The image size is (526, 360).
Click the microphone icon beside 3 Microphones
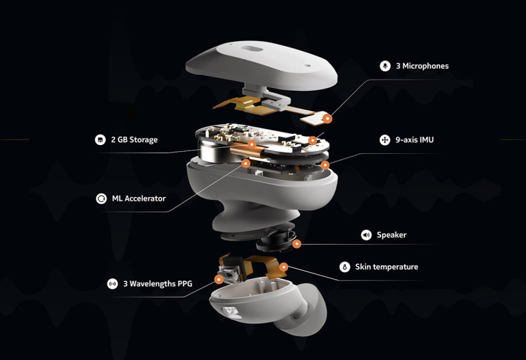pyautogui.click(x=385, y=66)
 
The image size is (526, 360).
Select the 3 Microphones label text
pyautogui.click(x=422, y=66)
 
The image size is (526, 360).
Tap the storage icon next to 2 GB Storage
pyautogui.click(x=100, y=139)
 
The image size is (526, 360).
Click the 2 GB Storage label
pyautogui.click(x=135, y=139)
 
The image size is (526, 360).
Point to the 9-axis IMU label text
pyautogui.click(x=414, y=139)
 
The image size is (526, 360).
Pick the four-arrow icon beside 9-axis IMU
pyautogui.click(x=385, y=139)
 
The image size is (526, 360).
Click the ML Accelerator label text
pyautogui.click(x=139, y=199)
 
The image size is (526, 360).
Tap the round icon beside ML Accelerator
pyautogui.click(x=100, y=199)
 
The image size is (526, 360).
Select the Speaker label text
pyautogui.click(x=391, y=235)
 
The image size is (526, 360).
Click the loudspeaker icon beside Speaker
pyautogui.click(x=366, y=235)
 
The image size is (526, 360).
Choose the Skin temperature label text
pyautogui.click(x=386, y=267)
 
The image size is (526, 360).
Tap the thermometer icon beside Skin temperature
pyautogui.click(x=344, y=267)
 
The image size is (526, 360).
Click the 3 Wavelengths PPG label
pyautogui.click(x=157, y=283)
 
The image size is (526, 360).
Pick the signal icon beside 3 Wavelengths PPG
pyautogui.click(x=112, y=283)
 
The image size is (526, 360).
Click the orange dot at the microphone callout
pyautogui.click(x=327, y=118)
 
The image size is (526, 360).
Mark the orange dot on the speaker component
pyautogui.click(x=296, y=243)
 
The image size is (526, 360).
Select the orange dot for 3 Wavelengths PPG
pyautogui.click(x=219, y=279)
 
